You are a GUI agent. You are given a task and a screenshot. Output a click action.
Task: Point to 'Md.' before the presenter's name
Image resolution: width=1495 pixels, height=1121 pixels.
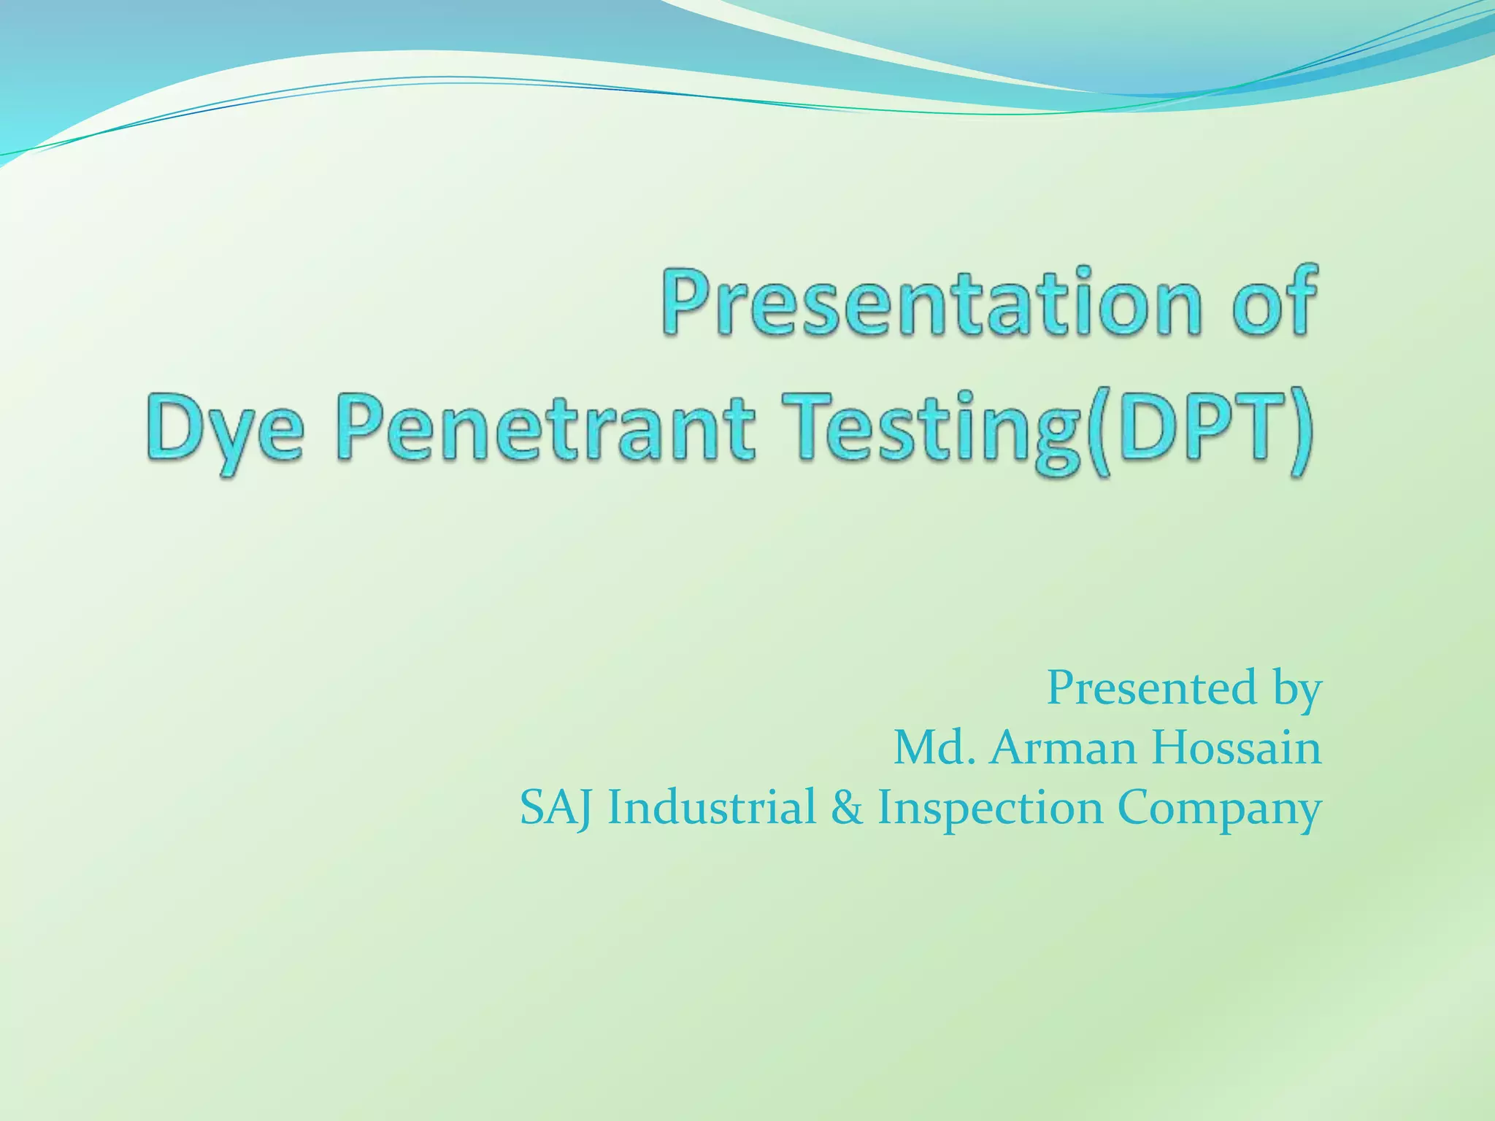[935, 748]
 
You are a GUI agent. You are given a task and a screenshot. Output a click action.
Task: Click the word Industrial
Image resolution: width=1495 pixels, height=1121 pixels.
[712, 808]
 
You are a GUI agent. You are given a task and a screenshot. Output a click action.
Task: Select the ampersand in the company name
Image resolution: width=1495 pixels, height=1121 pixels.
[846, 808]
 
